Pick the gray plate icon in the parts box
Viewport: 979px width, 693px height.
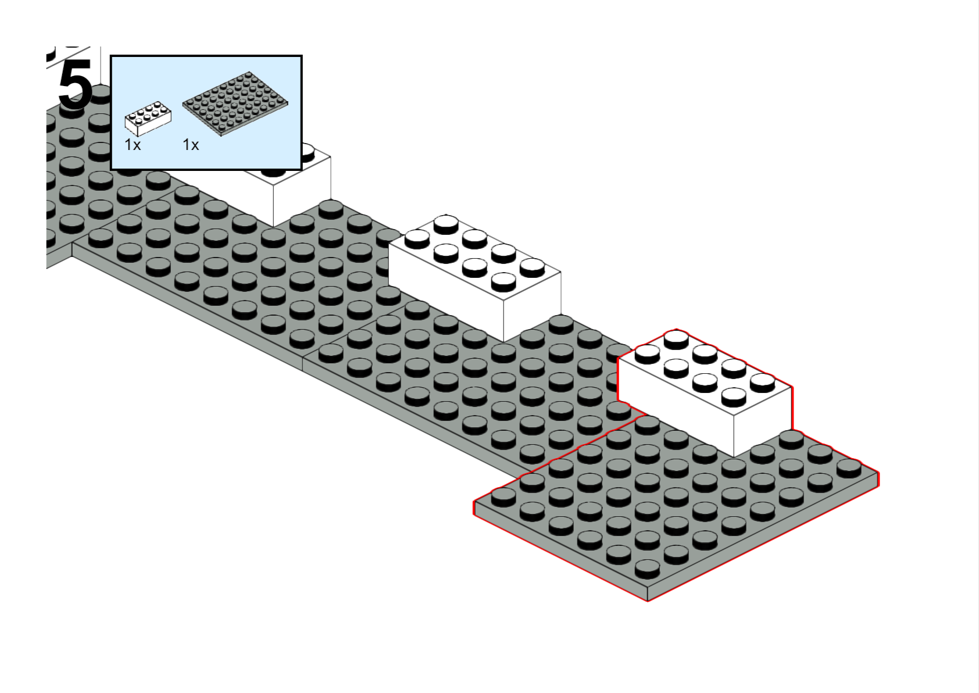[x=235, y=103]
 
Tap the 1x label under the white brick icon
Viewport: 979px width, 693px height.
[x=133, y=145]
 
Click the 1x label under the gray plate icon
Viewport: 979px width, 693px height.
[x=191, y=145]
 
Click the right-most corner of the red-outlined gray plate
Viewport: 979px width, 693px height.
[x=878, y=476]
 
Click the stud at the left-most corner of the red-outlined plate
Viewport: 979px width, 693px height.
[x=503, y=495]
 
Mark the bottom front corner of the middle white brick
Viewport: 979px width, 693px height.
[x=503, y=341]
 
